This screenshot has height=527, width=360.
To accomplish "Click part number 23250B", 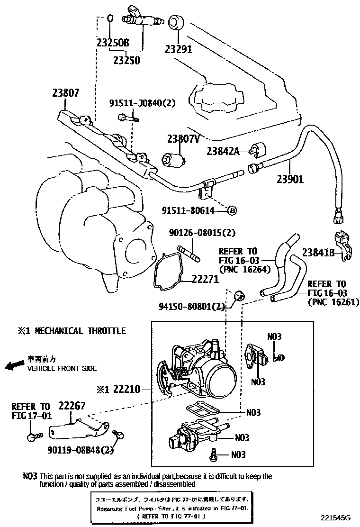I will (x=113, y=43).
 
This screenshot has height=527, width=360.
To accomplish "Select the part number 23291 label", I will (x=179, y=48).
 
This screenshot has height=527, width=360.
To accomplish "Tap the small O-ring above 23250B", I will (x=110, y=18).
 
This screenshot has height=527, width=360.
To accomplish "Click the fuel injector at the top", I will (x=142, y=19).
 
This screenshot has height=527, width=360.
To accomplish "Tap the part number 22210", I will (x=126, y=389).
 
